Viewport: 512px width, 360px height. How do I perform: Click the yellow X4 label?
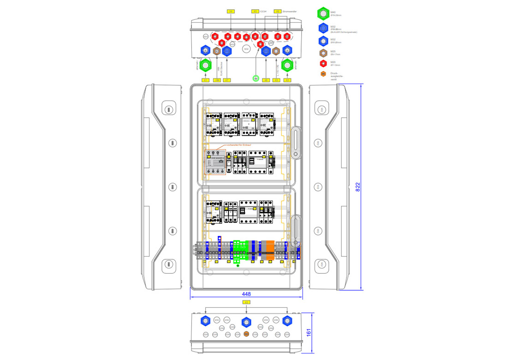pyautogui.click(x=231, y=11)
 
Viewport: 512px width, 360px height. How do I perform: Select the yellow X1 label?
pyautogui.click(x=206, y=80)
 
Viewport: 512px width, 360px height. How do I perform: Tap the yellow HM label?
pyautogui.click(x=217, y=80)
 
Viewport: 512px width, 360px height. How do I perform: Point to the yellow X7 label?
pyautogui.click(x=226, y=80)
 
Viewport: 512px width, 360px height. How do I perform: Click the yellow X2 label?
pyautogui.click(x=287, y=80)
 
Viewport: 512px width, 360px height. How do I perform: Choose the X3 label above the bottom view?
pyautogui.click(x=246, y=302)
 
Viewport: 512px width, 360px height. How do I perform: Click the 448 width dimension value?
pyautogui.click(x=246, y=294)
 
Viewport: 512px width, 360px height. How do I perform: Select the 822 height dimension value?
pyautogui.click(x=358, y=186)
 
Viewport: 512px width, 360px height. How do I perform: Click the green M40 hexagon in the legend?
pyautogui.click(x=323, y=14)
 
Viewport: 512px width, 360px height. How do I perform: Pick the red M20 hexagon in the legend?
pyautogui.click(x=323, y=63)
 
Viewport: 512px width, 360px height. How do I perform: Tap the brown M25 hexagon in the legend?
pyautogui.click(x=323, y=52)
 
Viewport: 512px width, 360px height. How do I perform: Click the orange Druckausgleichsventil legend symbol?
pyautogui.click(x=323, y=74)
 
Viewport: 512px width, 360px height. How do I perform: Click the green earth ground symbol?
pyautogui.click(x=255, y=78)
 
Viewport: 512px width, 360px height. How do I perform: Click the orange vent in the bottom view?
pyautogui.click(x=246, y=334)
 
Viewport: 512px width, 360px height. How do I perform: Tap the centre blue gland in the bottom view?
pyautogui.click(x=246, y=321)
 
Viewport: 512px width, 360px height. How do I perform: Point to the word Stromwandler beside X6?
pyautogui.click(x=289, y=11)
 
